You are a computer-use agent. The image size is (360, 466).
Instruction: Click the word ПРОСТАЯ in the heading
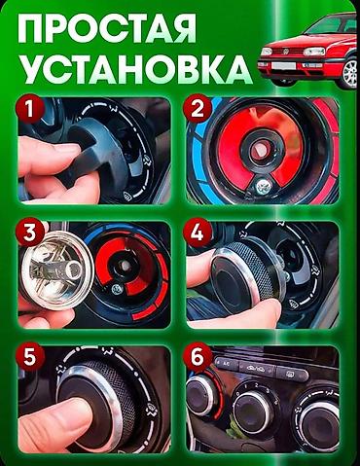pyautogui.click(x=107, y=28)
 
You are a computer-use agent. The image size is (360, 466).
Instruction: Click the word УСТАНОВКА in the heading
pyautogui.click(x=135, y=70)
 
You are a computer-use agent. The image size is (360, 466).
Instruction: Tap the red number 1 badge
pyautogui.click(x=30, y=109)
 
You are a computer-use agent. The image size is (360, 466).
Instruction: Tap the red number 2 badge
pyautogui.click(x=198, y=109)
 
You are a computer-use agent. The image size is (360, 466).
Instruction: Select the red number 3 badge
pyautogui.click(x=30, y=233)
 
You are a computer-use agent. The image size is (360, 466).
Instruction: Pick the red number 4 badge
pyautogui.click(x=198, y=233)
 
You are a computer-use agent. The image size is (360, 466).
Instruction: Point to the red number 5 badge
pyautogui.click(x=30, y=358)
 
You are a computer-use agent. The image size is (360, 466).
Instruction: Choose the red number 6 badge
pyautogui.click(x=198, y=358)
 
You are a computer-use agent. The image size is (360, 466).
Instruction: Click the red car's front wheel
pyautogui.click(x=349, y=73)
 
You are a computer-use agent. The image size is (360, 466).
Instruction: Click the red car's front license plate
pyautogui.click(x=283, y=66)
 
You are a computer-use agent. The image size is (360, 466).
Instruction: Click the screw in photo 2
pyautogui.click(x=263, y=187)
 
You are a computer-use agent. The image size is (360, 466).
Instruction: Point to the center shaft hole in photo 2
pyautogui.click(x=260, y=149)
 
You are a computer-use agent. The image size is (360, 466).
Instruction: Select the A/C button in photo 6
pyautogui.click(x=226, y=364)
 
